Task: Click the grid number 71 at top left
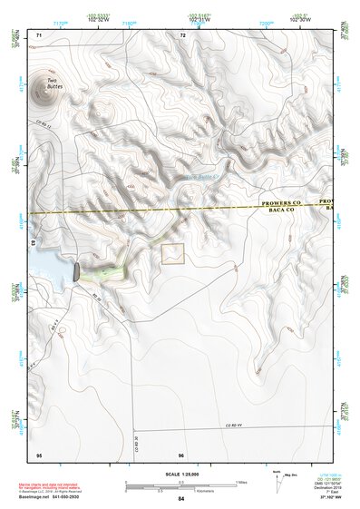coord(39,35)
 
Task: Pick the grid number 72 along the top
coord(182,35)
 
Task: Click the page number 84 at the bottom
coord(181,499)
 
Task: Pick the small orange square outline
coord(172,253)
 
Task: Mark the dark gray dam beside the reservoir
coord(76,269)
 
